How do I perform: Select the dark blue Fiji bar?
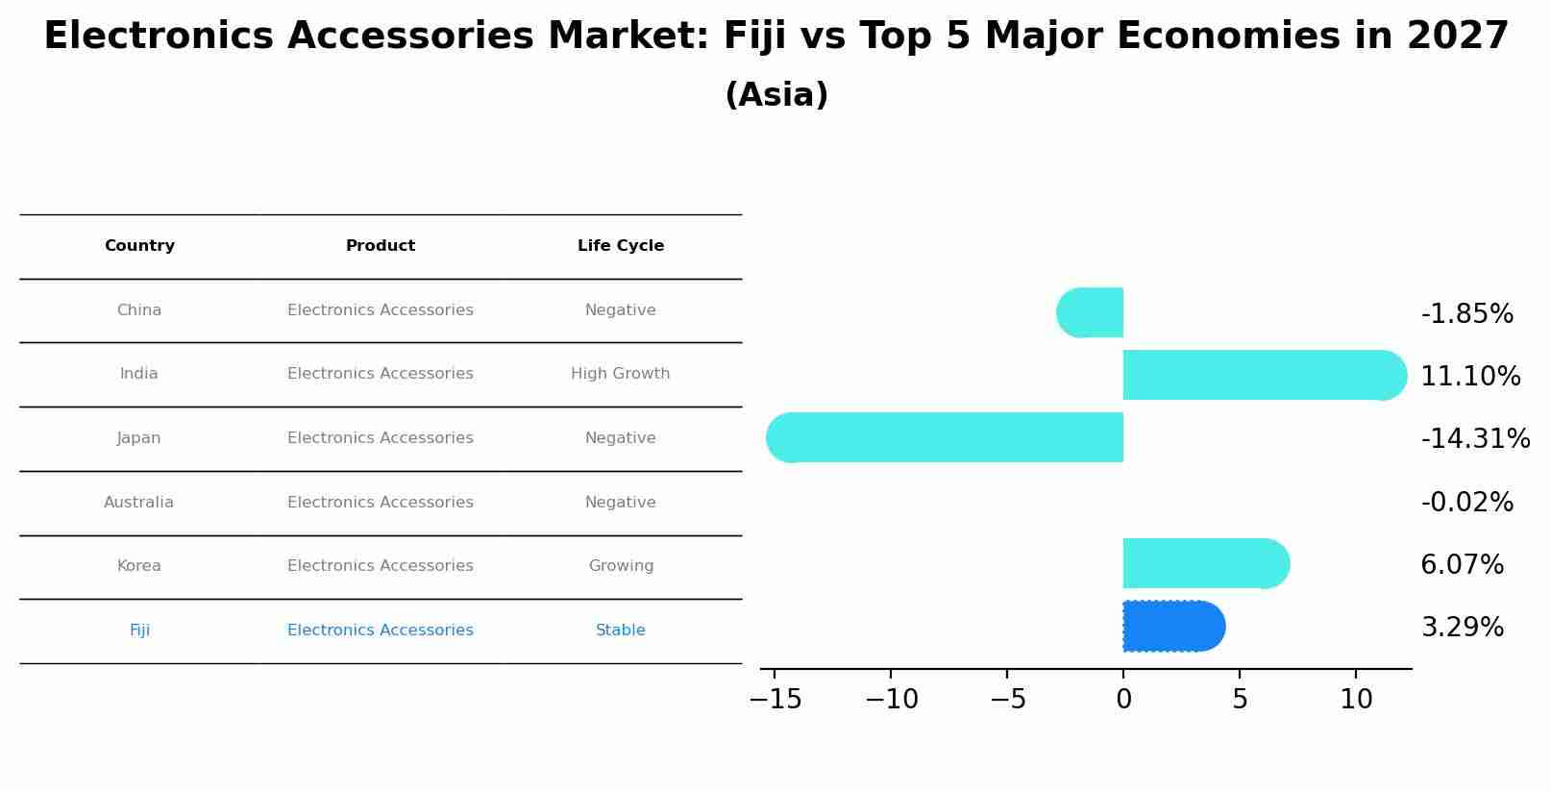(x=1173, y=626)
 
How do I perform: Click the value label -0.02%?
(x=1466, y=502)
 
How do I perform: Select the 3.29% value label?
(x=1462, y=628)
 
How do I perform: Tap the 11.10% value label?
(x=1470, y=376)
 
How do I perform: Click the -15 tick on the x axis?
(x=775, y=700)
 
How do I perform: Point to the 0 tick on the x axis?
(x=1123, y=700)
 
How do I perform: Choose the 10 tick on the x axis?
(x=1356, y=700)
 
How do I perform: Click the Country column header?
(x=139, y=246)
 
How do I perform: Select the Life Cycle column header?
(x=621, y=246)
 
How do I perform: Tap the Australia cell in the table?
(x=139, y=502)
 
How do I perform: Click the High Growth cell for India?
(x=621, y=374)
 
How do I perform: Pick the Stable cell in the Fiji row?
(x=621, y=630)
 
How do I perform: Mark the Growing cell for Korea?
(x=621, y=566)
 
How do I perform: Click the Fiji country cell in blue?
(x=139, y=630)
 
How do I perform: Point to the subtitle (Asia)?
(x=776, y=95)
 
